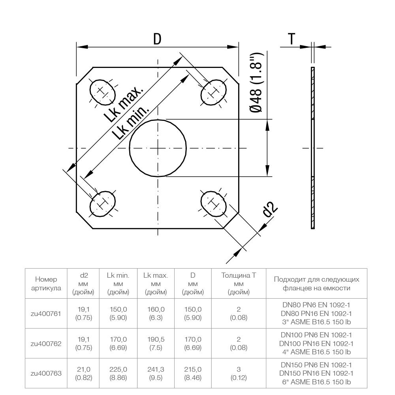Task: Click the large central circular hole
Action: pos(158,148)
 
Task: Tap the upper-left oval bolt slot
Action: pos(102,92)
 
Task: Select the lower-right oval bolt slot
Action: pos(213,203)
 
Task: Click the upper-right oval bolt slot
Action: pos(214,92)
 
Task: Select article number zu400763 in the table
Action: pos(46,372)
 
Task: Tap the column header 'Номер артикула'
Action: pos(46,284)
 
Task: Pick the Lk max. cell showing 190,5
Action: pos(156,343)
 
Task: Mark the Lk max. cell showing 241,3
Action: pos(156,372)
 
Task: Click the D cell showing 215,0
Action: pos(193,372)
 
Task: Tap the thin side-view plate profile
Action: pos(313,148)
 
